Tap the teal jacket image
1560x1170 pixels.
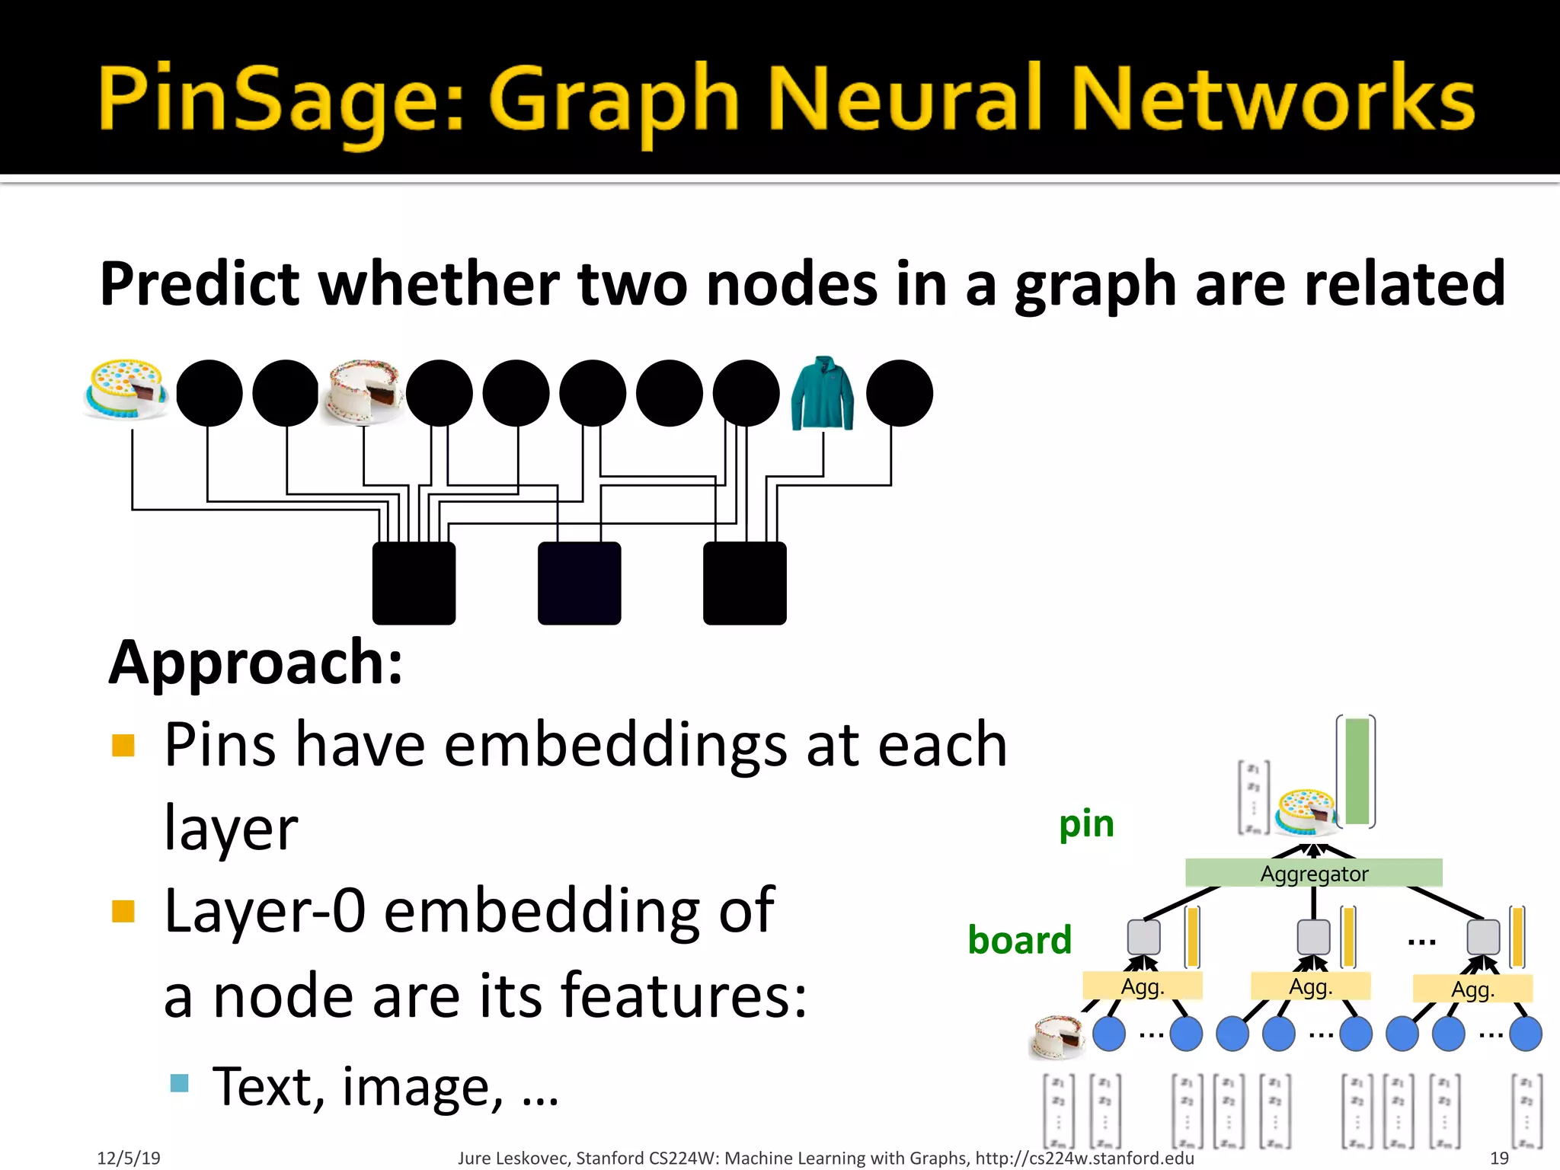point(823,393)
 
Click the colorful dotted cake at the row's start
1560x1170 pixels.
point(126,389)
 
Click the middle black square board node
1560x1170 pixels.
point(579,583)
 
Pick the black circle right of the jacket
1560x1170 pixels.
point(900,393)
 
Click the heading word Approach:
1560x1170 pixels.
point(256,663)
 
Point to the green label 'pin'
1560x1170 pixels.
point(1086,824)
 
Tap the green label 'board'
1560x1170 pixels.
point(1019,940)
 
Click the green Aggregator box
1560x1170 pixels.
point(1313,873)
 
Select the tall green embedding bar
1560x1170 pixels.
point(1357,771)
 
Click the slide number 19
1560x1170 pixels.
point(1499,1158)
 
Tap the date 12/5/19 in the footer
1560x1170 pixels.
point(129,1158)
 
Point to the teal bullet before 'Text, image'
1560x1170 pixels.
point(180,1082)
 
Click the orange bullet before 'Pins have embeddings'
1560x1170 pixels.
point(123,745)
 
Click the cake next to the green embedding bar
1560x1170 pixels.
point(1306,810)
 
